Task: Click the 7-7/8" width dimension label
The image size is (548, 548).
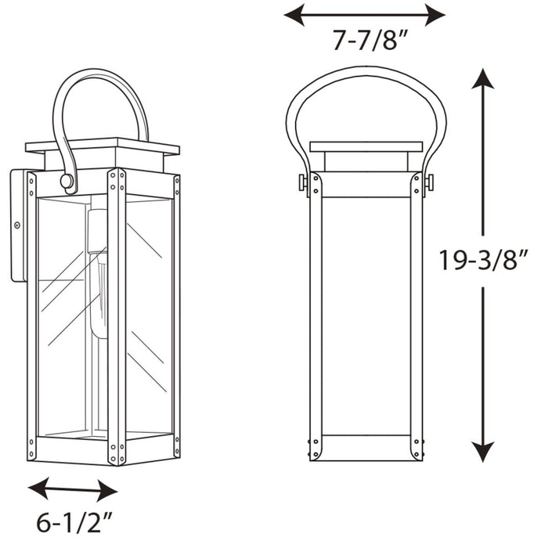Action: click(x=364, y=40)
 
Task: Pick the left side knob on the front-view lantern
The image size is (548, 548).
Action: click(x=303, y=182)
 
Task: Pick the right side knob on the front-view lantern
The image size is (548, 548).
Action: click(x=429, y=182)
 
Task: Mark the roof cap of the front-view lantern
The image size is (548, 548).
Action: click(x=366, y=146)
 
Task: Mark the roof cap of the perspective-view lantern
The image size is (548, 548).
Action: click(x=102, y=146)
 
